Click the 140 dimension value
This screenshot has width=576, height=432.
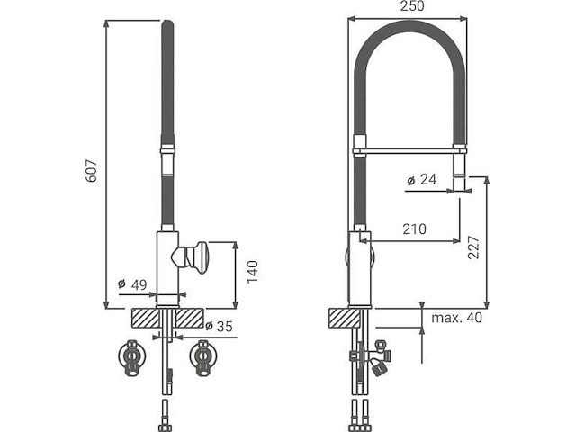[x=253, y=268]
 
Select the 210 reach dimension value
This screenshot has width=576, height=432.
[x=414, y=229]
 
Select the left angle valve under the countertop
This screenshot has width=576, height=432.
[x=132, y=357]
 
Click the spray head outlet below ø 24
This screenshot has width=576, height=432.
[x=462, y=184]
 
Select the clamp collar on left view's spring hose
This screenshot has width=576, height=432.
[x=167, y=154]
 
